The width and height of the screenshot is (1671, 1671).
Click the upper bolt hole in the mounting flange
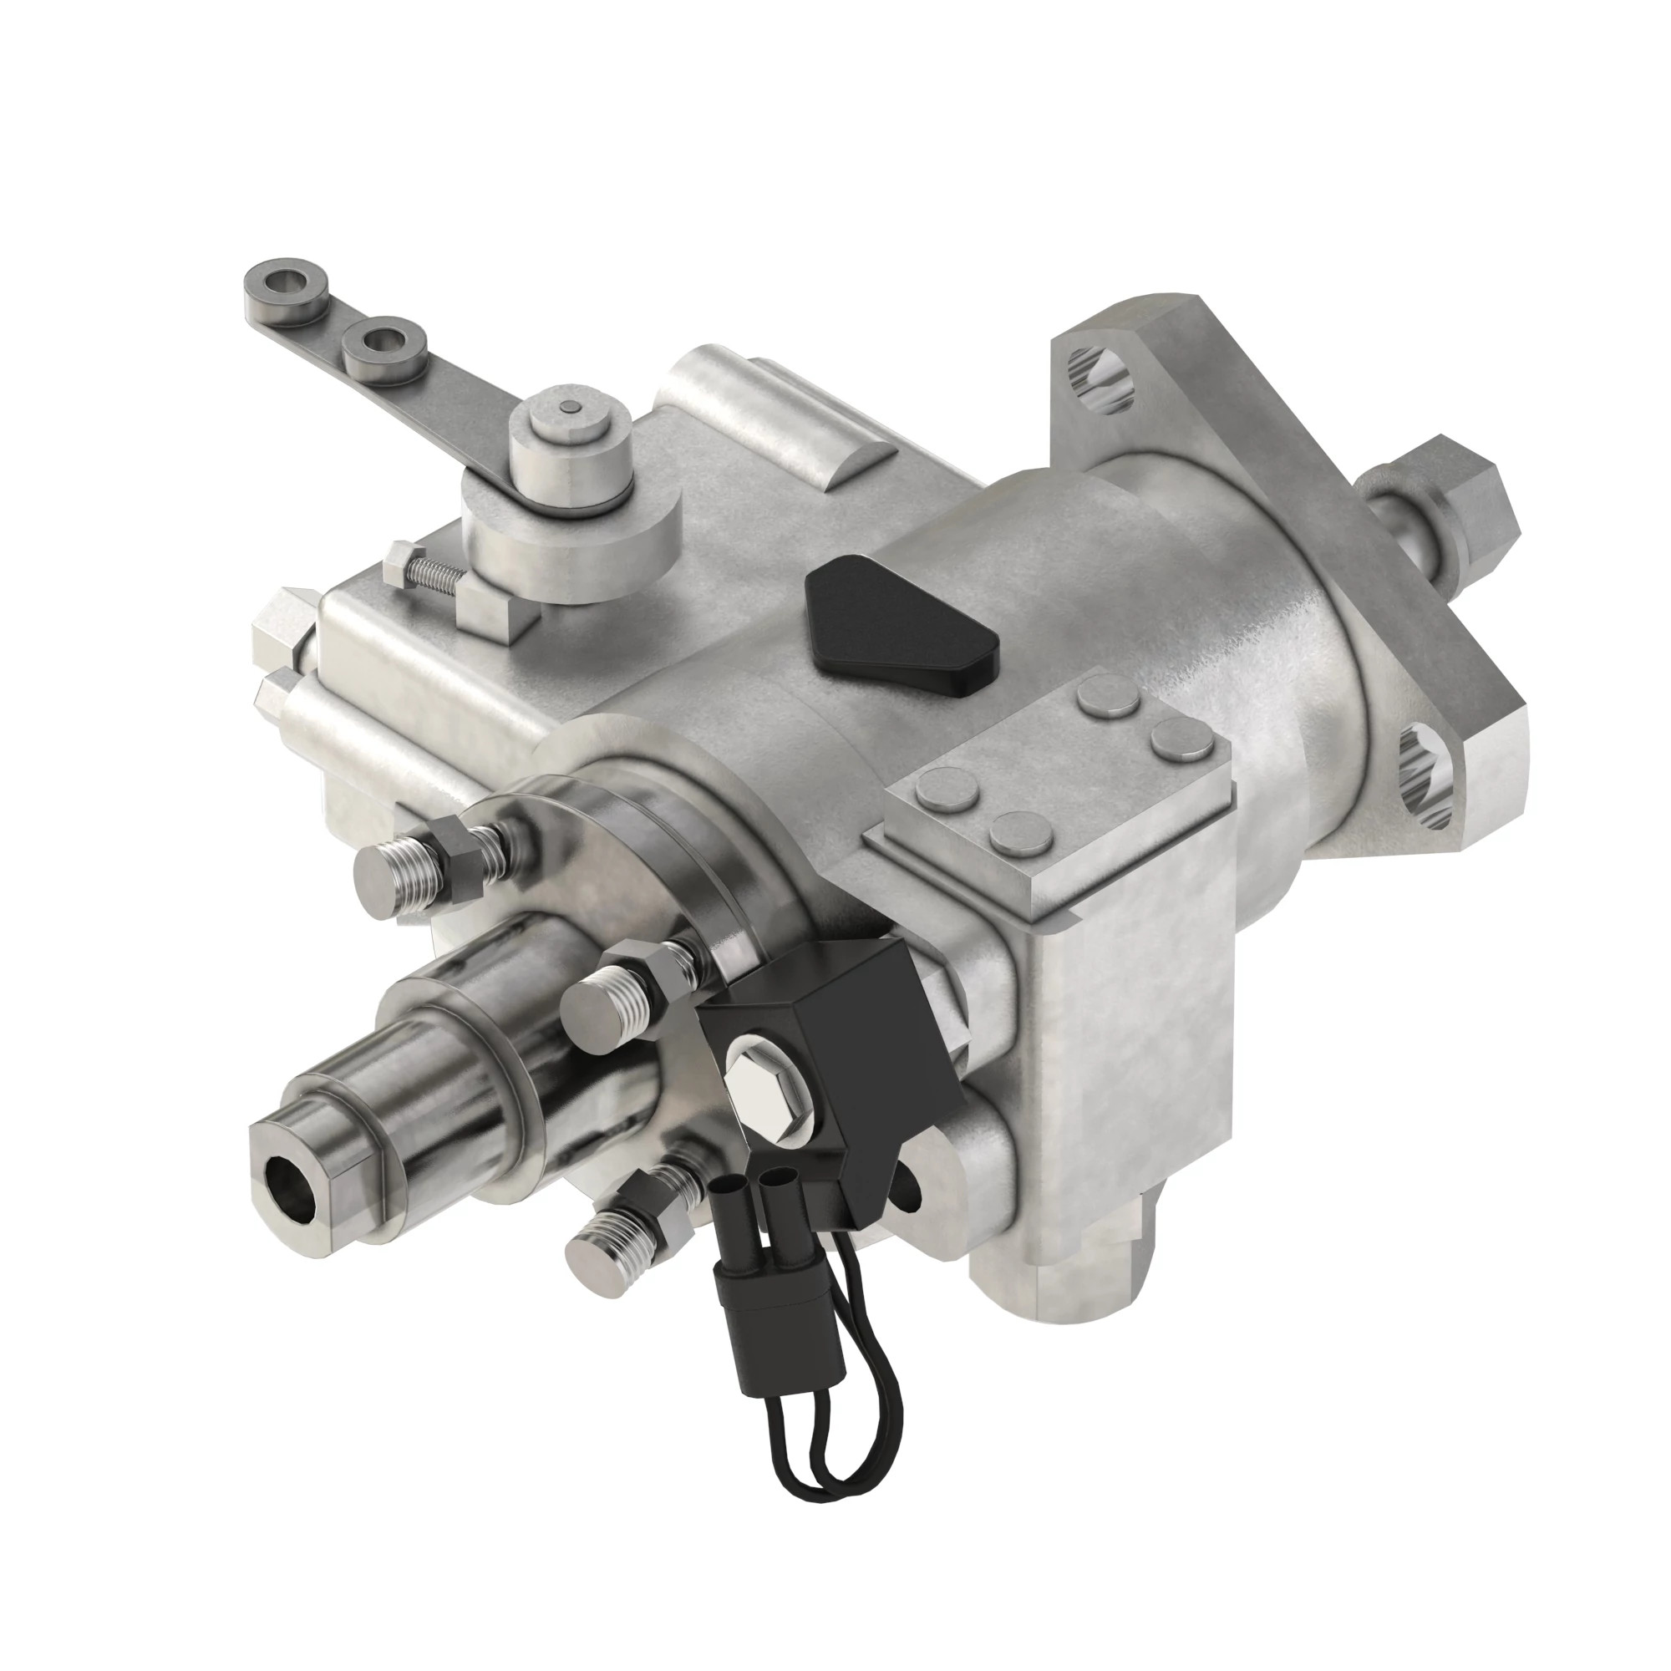pos(1100,379)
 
